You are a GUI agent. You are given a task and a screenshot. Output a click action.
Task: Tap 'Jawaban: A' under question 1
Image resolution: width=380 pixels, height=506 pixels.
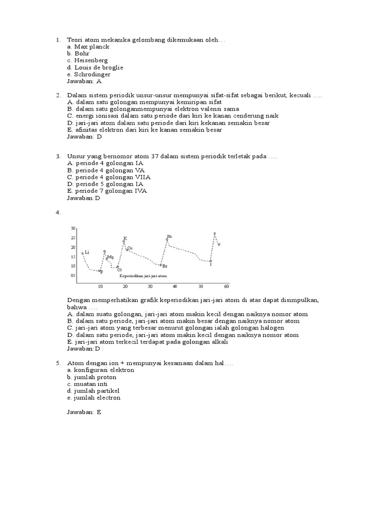(84, 81)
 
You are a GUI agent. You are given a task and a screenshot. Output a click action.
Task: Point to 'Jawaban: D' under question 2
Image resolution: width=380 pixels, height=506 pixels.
(84, 137)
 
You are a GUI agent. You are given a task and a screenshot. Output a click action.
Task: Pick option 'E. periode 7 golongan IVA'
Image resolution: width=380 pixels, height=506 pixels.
(107, 191)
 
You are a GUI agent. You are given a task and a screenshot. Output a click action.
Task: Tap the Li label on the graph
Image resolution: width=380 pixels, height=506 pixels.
(87, 252)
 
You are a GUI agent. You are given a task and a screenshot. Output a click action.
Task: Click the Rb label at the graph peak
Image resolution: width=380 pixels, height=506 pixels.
(169, 237)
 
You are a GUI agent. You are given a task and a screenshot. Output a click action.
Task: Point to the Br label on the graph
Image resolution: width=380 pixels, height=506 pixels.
(165, 266)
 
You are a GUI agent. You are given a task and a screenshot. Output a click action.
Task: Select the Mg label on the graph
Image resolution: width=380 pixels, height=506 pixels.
(110, 257)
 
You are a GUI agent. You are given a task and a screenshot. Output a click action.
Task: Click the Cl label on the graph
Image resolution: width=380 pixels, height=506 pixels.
(119, 270)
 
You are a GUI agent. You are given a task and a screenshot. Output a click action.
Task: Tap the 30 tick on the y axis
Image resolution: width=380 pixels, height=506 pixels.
(73, 228)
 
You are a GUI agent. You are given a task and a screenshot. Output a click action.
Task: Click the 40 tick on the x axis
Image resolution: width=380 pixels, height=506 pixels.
(175, 287)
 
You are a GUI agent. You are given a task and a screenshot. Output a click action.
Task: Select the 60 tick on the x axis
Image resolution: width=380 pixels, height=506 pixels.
(226, 287)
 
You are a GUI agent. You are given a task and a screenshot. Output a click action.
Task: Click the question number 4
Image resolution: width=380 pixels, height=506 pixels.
(58, 212)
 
